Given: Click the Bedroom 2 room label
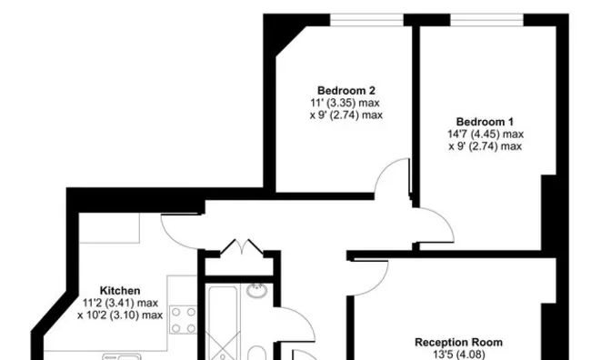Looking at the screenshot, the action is coord(346,91).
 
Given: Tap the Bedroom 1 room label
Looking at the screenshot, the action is coord(485,122).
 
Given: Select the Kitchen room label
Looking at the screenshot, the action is coord(120,291).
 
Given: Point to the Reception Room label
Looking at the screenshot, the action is coord(458,342).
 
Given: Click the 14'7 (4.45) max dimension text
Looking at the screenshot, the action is coord(486,135).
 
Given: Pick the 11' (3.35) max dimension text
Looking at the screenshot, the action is coord(345,103).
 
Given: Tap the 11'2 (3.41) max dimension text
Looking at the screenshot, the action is coord(120,303).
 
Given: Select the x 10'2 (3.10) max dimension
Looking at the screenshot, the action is coord(120,315).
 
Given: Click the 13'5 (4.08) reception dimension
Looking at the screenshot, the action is coord(459,355).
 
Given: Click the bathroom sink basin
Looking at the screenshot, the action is coord(256,291).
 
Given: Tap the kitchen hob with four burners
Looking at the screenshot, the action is coord(184,320).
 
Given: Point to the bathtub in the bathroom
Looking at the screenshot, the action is coord(223,322).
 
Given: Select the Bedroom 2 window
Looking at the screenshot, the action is coord(366,20).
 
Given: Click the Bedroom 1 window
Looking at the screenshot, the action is coord(486,20).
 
